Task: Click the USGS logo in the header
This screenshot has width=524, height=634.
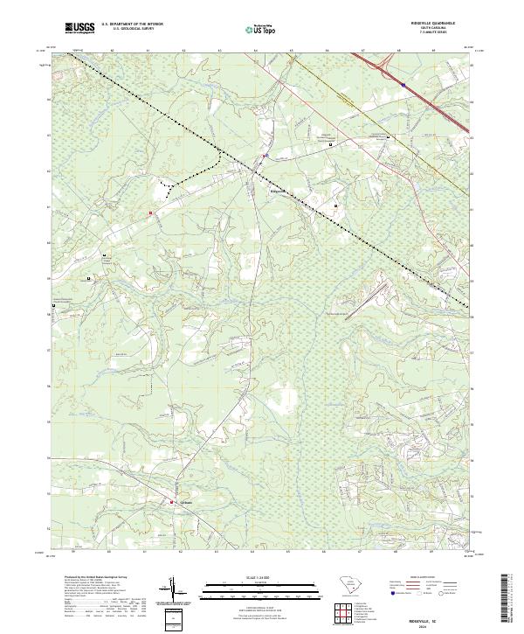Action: click(x=79, y=28)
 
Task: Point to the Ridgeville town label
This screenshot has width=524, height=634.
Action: click(x=276, y=189)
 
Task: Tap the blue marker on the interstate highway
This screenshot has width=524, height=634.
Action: click(x=403, y=85)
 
